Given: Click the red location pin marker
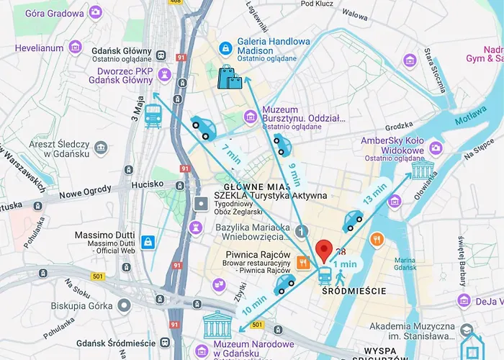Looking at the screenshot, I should tap(324, 250).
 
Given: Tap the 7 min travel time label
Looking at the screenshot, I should tap(232, 152).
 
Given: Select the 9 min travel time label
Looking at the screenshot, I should tap(294, 173).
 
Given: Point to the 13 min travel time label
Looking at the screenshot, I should tap(375, 193).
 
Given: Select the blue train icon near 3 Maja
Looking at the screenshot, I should tap(153, 115).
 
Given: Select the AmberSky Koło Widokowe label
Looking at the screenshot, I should tap(391, 143).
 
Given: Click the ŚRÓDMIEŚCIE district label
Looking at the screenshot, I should tap(355, 291).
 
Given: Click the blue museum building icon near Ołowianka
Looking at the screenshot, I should tap(422, 171).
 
